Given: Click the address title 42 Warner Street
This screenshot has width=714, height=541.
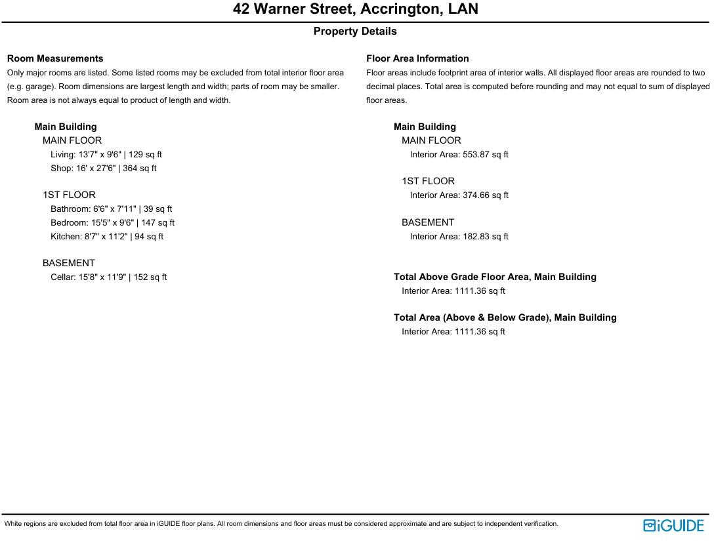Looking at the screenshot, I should coord(355,9).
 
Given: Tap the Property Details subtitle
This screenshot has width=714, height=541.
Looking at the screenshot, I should coord(355,31).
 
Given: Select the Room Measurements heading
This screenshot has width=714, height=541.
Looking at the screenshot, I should coord(55,58).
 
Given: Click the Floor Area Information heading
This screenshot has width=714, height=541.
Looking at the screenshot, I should coord(417,58).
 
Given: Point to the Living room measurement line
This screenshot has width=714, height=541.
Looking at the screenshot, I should coord(106,155).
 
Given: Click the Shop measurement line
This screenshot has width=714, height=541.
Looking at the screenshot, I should coord(104,169).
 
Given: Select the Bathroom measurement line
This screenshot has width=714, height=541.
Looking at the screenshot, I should coord(112,209).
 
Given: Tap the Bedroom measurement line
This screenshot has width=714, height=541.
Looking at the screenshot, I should coord(113,223).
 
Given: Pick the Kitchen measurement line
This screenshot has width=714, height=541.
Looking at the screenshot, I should coord(107,237).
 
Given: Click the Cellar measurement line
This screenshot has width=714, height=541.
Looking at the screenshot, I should coord(109,277).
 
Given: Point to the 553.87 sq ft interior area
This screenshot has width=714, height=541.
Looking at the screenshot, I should coord(459,155).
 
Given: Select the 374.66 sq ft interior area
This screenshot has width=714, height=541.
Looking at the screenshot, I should coord(459,195).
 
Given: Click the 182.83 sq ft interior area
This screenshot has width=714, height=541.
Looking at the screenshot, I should coord(459,237).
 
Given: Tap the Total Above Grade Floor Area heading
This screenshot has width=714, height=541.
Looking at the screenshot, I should coord(495,277).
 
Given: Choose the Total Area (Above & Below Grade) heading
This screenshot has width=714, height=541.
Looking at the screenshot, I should coord(505,317).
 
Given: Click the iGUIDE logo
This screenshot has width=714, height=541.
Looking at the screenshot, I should coord(673,525).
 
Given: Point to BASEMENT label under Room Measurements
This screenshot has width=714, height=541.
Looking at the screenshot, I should coord(69,263).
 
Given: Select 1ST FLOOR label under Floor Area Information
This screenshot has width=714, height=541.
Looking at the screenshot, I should coord(428,181).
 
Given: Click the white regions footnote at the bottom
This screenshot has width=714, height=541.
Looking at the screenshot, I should coord(282,524).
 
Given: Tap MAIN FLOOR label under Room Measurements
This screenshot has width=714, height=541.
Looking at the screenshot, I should coord(72,140).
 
